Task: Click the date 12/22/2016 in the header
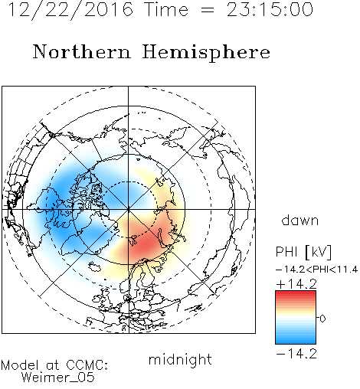pyautogui.click(x=70, y=10)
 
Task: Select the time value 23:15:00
pyautogui.click(x=270, y=9)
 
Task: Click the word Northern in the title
pyautogui.click(x=82, y=52)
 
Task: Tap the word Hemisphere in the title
pyautogui.click(x=206, y=53)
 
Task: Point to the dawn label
pyautogui.click(x=300, y=220)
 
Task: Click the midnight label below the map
pyautogui.click(x=180, y=360)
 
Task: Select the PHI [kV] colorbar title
pyautogui.click(x=303, y=252)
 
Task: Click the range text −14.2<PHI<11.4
pyautogui.click(x=316, y=270)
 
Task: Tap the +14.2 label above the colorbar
pyautogui.click(x=296, y=284)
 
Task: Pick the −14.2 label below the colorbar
pyautogui.click(x=296, y=354)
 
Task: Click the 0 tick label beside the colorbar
pyautogui.click(x=322, y=319)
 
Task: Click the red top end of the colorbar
pyautogui.click(x=296, y=293)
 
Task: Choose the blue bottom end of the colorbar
pyautogui.click(x=296, y=342)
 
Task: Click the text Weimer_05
pyautogui.click(x=58, y=378)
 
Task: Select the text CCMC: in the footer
pyautogui.click(x=87, y=365)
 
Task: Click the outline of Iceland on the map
pyautogui.click(x=95, y=266)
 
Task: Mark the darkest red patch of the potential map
pyautogui.click(x=144, y=244)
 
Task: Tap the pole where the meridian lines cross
pyautogui.click(x=129, y=209)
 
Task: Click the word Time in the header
pyautogui.click(x=166, y=9)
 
